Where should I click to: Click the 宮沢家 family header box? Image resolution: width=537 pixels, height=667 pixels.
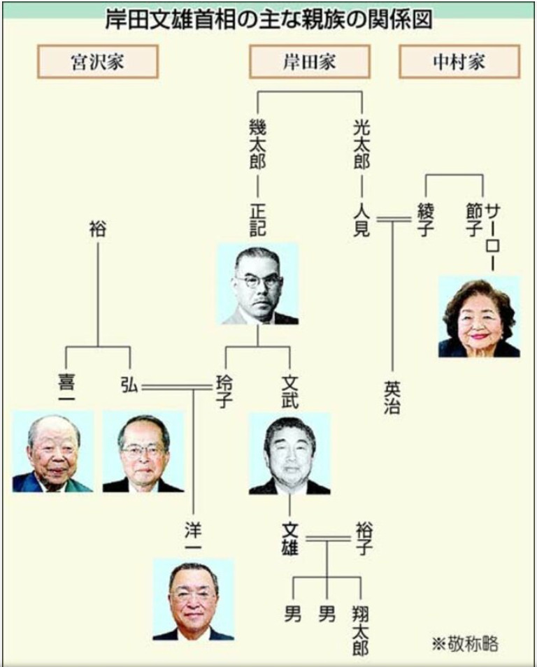pyautogui.click(x=98, y=62)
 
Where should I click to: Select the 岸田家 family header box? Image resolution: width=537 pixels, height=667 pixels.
pyautogui.click(x=309, y=62)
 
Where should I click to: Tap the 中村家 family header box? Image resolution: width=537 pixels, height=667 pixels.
pyautogui.click(x=459, y=62)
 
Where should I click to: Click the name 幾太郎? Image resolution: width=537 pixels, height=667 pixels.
pyautogui.click(x=257, y=144)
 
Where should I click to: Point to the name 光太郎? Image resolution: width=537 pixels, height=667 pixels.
pyautogui.click(x=361, y=144)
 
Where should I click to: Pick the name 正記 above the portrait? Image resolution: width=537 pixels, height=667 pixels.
pyautogui.click(x=257, y=220)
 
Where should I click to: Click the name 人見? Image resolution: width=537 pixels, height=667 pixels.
pyautogui.click(x=361, y=220)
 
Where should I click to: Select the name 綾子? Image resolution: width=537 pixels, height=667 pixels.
pyautogui.click(x=425, y=220)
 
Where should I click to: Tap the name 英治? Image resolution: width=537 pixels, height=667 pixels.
pyautogui.click(x=392, y=397)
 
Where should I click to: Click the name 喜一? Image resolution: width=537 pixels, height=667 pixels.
pyautogui.click(x=67, y=386)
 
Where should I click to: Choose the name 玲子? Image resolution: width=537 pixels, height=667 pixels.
pyautogui.click(x=224, y=391)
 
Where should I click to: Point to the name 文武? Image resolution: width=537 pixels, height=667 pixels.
pyautogui.click(x=289, y=391)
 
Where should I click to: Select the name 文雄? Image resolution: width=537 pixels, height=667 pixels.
pyautogui.click(x=289, y=539)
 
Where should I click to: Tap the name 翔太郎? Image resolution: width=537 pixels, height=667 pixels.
pyautogui.click(x=360, y=631)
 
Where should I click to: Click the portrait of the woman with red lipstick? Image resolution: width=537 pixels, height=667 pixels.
pyautogui.click(x=479, y=317)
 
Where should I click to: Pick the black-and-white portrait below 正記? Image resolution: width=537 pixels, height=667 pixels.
pyautogui.click(x=258, y=284)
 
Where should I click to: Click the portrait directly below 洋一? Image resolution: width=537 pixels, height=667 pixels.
pyautogui.click(x=193, y=600)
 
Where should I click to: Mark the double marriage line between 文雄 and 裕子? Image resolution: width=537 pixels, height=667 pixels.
pyautogui.click(x=327, y=539)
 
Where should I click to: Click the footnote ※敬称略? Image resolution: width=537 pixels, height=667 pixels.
pyautogui.click(x=465, y=644)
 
